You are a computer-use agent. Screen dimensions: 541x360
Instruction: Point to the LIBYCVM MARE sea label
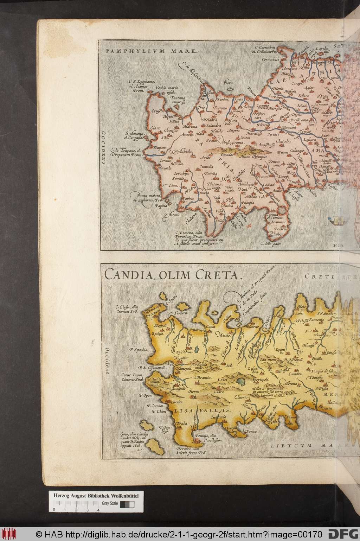pyautogui.click(x=318, y=445)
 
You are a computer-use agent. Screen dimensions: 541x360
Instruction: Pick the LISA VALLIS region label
pyautogui.click(x=200, y=410)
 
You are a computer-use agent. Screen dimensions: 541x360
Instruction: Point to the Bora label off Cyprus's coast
pyautogui.click(x=228, y=83)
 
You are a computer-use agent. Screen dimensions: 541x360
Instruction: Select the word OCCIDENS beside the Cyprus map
pyautogui.click(x=103, y=148)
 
